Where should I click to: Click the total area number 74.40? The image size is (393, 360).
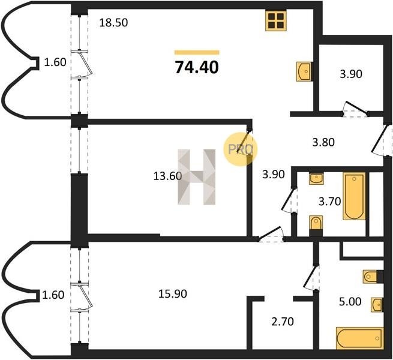(197, 67)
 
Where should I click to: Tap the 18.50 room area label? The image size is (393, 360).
(113, 23)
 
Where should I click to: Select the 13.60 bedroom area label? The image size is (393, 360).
(167, 176)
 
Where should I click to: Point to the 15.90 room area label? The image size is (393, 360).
(173, 293)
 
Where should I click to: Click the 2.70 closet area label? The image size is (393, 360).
(283, 322)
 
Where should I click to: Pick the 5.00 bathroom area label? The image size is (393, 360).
(350, 302)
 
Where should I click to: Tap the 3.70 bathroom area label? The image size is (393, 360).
(329, 202)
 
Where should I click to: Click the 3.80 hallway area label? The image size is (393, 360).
(323, 142)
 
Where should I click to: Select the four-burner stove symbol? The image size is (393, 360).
(276, 21)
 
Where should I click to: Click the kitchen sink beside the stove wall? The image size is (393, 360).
(304, 71)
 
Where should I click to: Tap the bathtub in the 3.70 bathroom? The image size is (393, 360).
(354, 196)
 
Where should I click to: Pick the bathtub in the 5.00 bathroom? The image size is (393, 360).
(359, 338)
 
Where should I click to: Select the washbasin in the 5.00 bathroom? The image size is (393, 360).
(377, 305)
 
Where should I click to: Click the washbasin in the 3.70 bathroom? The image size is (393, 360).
(316, 179)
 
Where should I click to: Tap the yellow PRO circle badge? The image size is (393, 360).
(241, 149)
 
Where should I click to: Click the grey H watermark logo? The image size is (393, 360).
(197, 177)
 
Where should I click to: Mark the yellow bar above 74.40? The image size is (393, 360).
(197, 52)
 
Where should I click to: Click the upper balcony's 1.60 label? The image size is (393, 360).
(55, 62)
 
